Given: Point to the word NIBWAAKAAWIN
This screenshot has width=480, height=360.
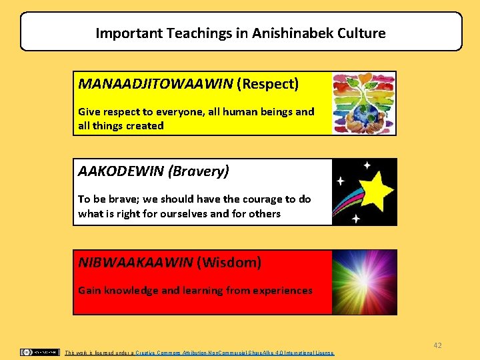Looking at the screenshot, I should click(136, 263).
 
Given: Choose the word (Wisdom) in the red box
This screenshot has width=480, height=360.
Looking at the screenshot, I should click(229, 263).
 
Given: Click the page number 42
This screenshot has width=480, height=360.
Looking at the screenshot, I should click(437, 345).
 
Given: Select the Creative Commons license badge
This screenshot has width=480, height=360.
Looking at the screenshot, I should click(39, 352).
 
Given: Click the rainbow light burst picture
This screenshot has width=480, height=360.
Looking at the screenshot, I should click(364, 281).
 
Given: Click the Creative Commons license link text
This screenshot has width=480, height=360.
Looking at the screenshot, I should click(233, 353).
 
